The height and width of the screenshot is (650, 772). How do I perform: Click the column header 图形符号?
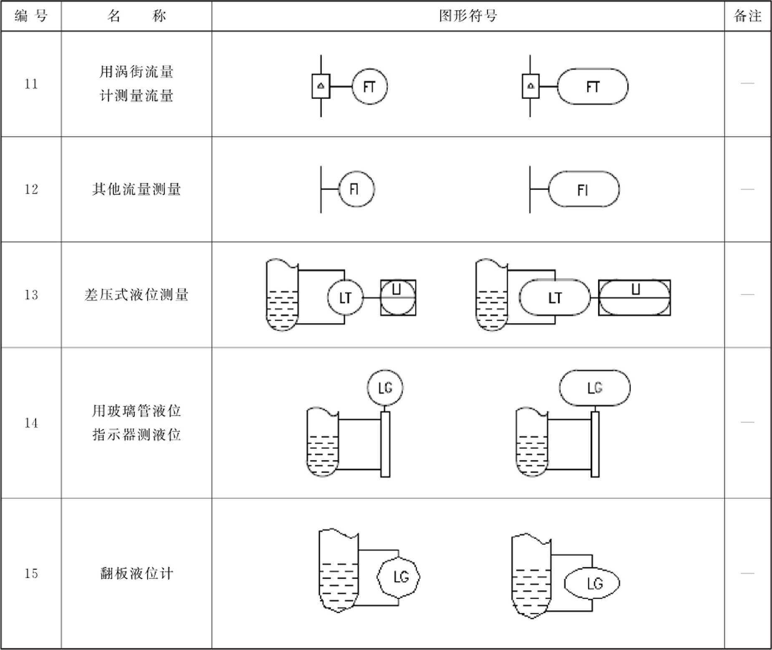click(468, 16)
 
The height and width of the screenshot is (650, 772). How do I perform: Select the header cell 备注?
click(747, 16)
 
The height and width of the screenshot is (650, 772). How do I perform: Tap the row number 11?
click(31, 84)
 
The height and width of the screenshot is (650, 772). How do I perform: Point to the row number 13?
click(31, 295)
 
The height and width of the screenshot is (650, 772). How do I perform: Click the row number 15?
click(31, 573)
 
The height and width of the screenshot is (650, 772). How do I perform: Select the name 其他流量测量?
click(137, 189)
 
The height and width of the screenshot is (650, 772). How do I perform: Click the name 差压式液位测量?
click(137, 295)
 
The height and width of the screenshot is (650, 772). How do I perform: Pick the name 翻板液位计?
click(137, 573)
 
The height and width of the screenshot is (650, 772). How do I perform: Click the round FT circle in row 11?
click(370, 86)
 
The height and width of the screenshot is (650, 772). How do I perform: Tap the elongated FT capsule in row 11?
click(592, 86)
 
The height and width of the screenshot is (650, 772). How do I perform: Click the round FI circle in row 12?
click(356, 189)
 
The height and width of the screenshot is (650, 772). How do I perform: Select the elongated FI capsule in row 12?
click(583, 189)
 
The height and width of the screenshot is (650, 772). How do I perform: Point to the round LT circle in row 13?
click(345, 297)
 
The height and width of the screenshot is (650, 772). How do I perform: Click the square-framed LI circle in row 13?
click(398, 297)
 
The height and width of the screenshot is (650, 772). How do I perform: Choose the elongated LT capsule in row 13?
click(555, 297)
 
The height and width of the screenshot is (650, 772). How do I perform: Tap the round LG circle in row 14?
click(385, 388)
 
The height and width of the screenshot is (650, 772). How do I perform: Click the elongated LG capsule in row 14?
click(595, 388)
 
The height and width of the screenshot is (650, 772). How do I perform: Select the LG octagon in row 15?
click(398, 577)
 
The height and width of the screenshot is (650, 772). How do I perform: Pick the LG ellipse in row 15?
click(592, 583)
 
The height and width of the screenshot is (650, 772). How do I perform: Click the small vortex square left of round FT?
click(321, 86)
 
